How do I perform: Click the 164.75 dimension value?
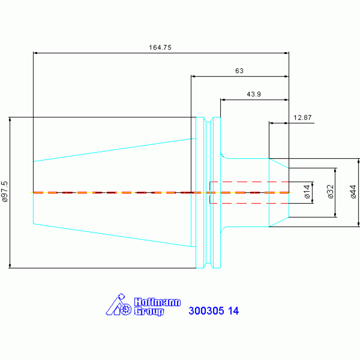160,47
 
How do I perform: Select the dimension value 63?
239,71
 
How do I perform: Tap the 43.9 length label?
254,94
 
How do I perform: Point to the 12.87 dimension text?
302,117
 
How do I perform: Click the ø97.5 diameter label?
5,191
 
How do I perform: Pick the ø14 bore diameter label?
307,191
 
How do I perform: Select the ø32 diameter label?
330,191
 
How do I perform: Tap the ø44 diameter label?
353,191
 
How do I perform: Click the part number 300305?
206,311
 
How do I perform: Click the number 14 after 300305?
233,311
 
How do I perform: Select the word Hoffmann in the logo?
157,302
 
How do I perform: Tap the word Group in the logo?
149,312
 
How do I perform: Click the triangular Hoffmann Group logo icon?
118,305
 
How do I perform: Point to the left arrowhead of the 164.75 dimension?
35,53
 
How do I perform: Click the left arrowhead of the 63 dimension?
193,77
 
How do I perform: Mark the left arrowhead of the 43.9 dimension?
222,100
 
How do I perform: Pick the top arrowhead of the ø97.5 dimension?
10,119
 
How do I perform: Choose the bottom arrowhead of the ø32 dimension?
335,215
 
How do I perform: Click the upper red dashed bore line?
249,182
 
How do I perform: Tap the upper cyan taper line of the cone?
115,150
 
